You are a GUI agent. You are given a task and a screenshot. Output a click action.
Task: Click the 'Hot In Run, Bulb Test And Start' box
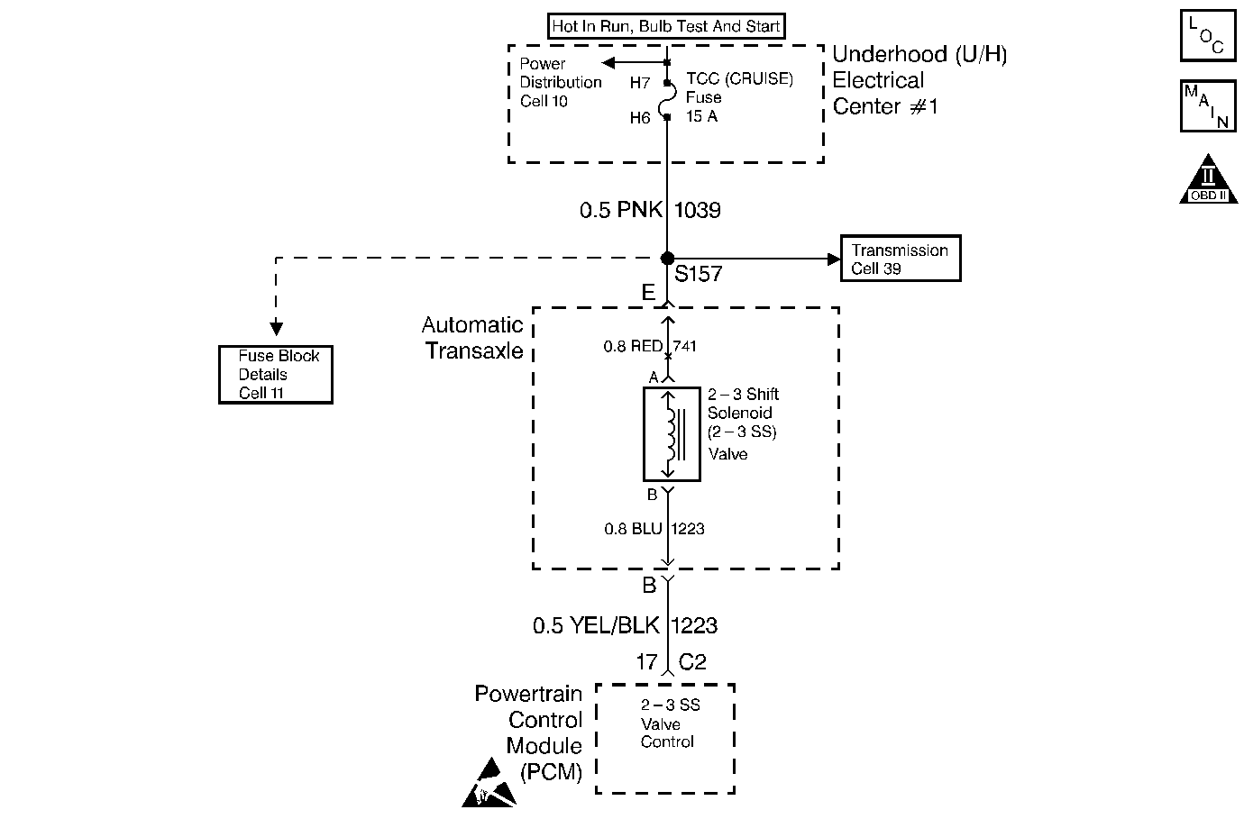[666, 26]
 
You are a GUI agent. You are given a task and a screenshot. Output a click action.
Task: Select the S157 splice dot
[668, 258]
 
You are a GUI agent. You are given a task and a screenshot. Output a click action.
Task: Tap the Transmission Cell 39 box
[901, 258]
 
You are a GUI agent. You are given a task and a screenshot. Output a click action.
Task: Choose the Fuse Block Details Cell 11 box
[276, 375]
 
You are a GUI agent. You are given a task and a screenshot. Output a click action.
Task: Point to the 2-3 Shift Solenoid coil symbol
[672, 434]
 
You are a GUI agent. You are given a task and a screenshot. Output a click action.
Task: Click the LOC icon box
[1208, 35]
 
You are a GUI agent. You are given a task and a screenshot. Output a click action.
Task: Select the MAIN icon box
[1208, 105]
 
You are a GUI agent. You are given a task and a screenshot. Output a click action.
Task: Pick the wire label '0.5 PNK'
[621, 210]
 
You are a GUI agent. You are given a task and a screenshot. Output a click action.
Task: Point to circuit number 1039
[698, 210]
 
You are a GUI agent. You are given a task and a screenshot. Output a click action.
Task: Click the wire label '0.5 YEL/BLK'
[596, 625]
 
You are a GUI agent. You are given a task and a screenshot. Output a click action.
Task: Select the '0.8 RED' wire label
[633, 346]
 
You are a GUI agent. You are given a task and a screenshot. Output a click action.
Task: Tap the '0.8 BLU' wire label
[633, 528]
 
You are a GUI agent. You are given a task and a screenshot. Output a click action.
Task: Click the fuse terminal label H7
[640, 83]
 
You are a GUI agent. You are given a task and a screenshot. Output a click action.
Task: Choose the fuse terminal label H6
[640, 118]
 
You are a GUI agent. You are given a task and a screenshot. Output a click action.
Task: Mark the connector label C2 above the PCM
[692, 661]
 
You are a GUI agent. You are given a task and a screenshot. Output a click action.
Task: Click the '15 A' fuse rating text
[701, 116]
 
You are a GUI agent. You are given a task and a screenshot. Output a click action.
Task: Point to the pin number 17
[647, 661]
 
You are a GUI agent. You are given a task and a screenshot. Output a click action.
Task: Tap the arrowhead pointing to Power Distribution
[608, 63]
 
